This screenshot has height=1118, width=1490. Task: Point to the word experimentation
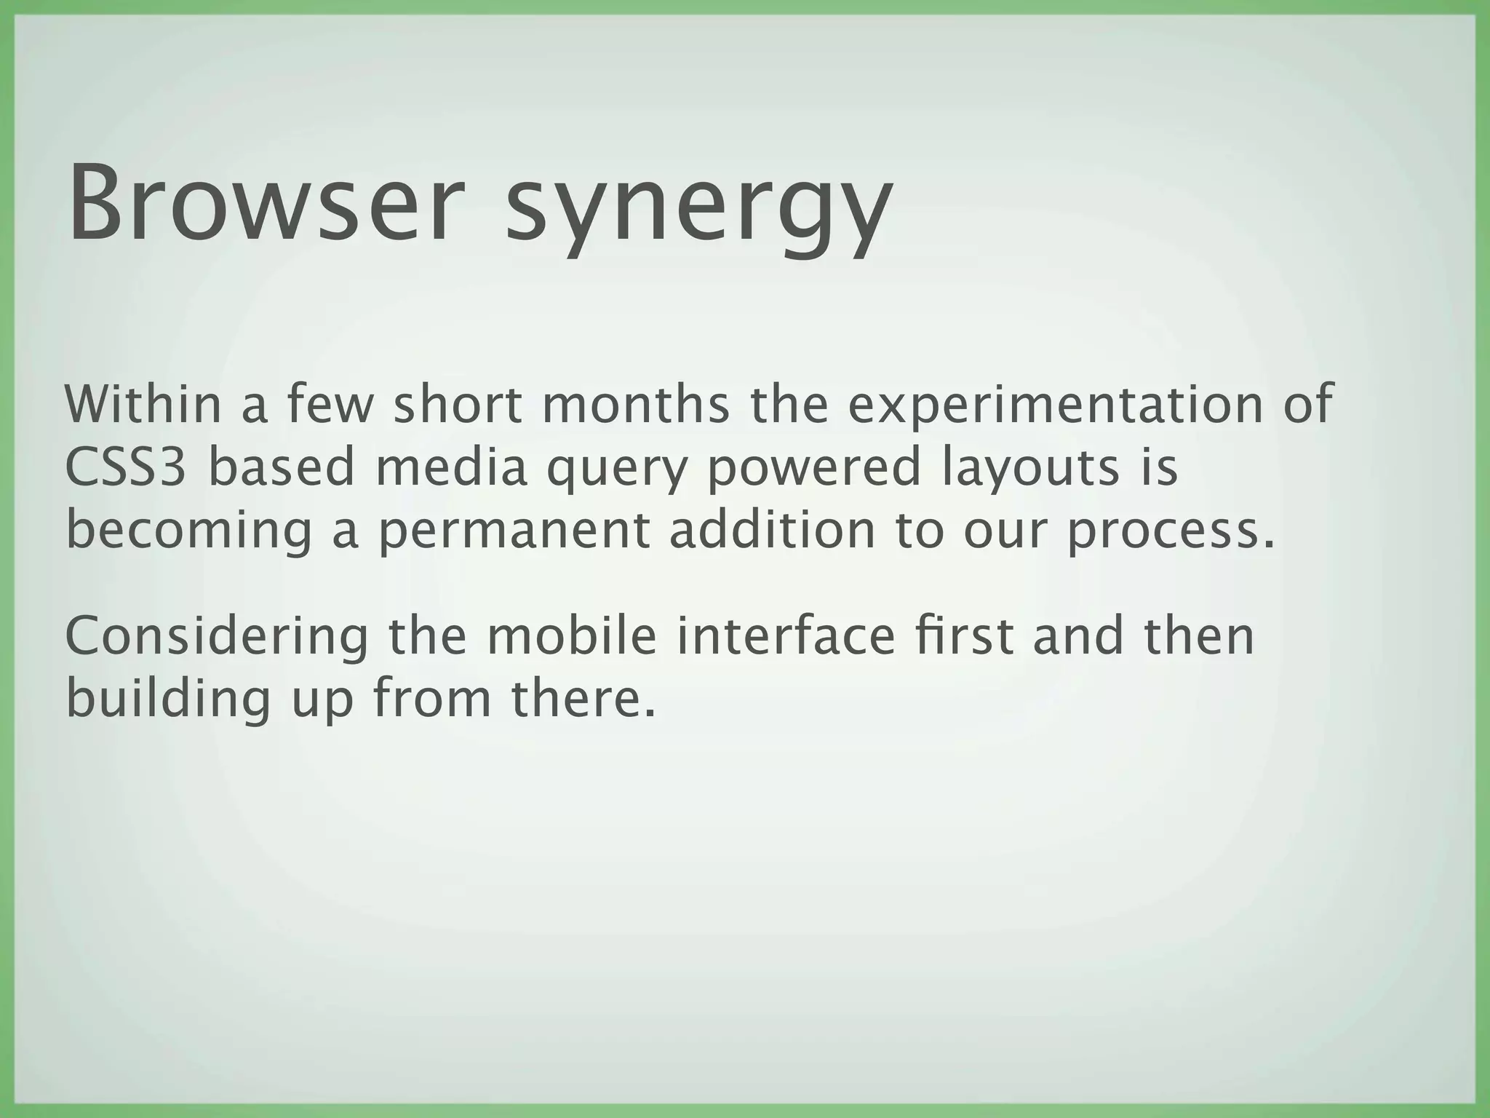[1055, 406]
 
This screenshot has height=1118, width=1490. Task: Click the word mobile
[571, 635]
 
